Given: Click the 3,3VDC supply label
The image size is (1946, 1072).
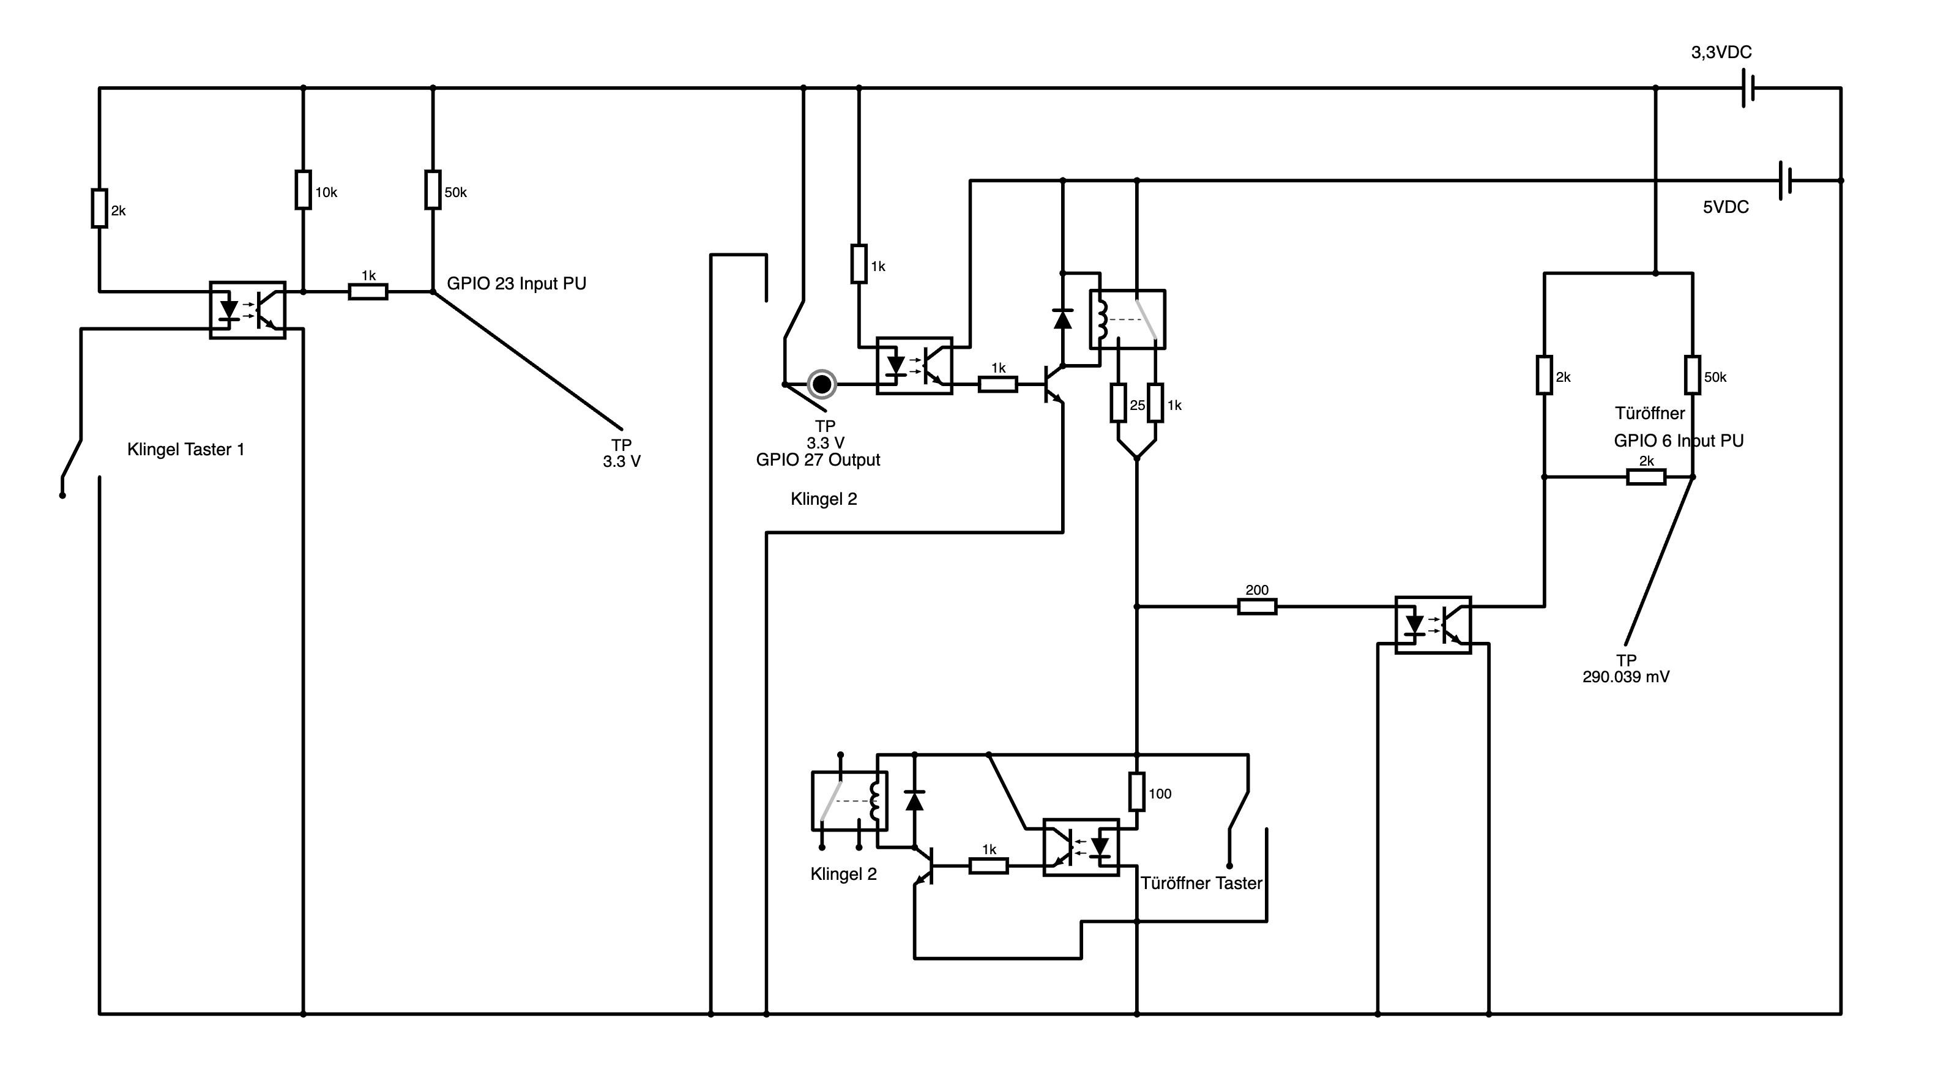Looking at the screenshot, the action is [1721, 52].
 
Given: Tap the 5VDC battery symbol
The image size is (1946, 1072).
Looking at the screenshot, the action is [1785, 181].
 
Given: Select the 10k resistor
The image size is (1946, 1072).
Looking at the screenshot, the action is [303, 190].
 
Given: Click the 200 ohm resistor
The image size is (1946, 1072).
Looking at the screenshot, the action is [1257, 606].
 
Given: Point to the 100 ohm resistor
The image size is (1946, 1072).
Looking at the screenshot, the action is [1137, 791].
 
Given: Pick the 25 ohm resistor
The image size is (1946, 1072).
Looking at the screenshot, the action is [1119, 403].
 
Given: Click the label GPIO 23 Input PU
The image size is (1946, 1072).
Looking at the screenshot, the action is [516, 283].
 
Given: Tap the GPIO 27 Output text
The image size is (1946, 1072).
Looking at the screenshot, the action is [818, 460].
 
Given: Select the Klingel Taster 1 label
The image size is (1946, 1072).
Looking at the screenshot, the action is [186, 450].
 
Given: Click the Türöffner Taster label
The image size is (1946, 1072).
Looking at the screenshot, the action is [1201, 883].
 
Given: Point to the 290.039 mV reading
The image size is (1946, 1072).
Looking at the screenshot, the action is [1626, 677].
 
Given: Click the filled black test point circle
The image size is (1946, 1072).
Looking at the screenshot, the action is [822, 384].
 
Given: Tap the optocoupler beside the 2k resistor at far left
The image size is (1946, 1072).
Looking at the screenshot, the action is [248, 310].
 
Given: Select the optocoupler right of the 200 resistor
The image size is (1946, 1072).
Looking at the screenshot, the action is [1433, 625].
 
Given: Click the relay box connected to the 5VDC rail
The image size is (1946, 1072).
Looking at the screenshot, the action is [1127, 319].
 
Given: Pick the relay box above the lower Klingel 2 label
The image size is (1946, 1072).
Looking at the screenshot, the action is [849, 801].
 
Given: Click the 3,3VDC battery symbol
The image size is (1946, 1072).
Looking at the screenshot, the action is [1747, 88].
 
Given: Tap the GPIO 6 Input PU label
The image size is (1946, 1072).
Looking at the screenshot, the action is [1679, 441].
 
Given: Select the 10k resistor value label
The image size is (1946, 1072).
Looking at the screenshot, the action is [326, 193].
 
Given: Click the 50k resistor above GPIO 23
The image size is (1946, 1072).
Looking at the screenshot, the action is [432, 190].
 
